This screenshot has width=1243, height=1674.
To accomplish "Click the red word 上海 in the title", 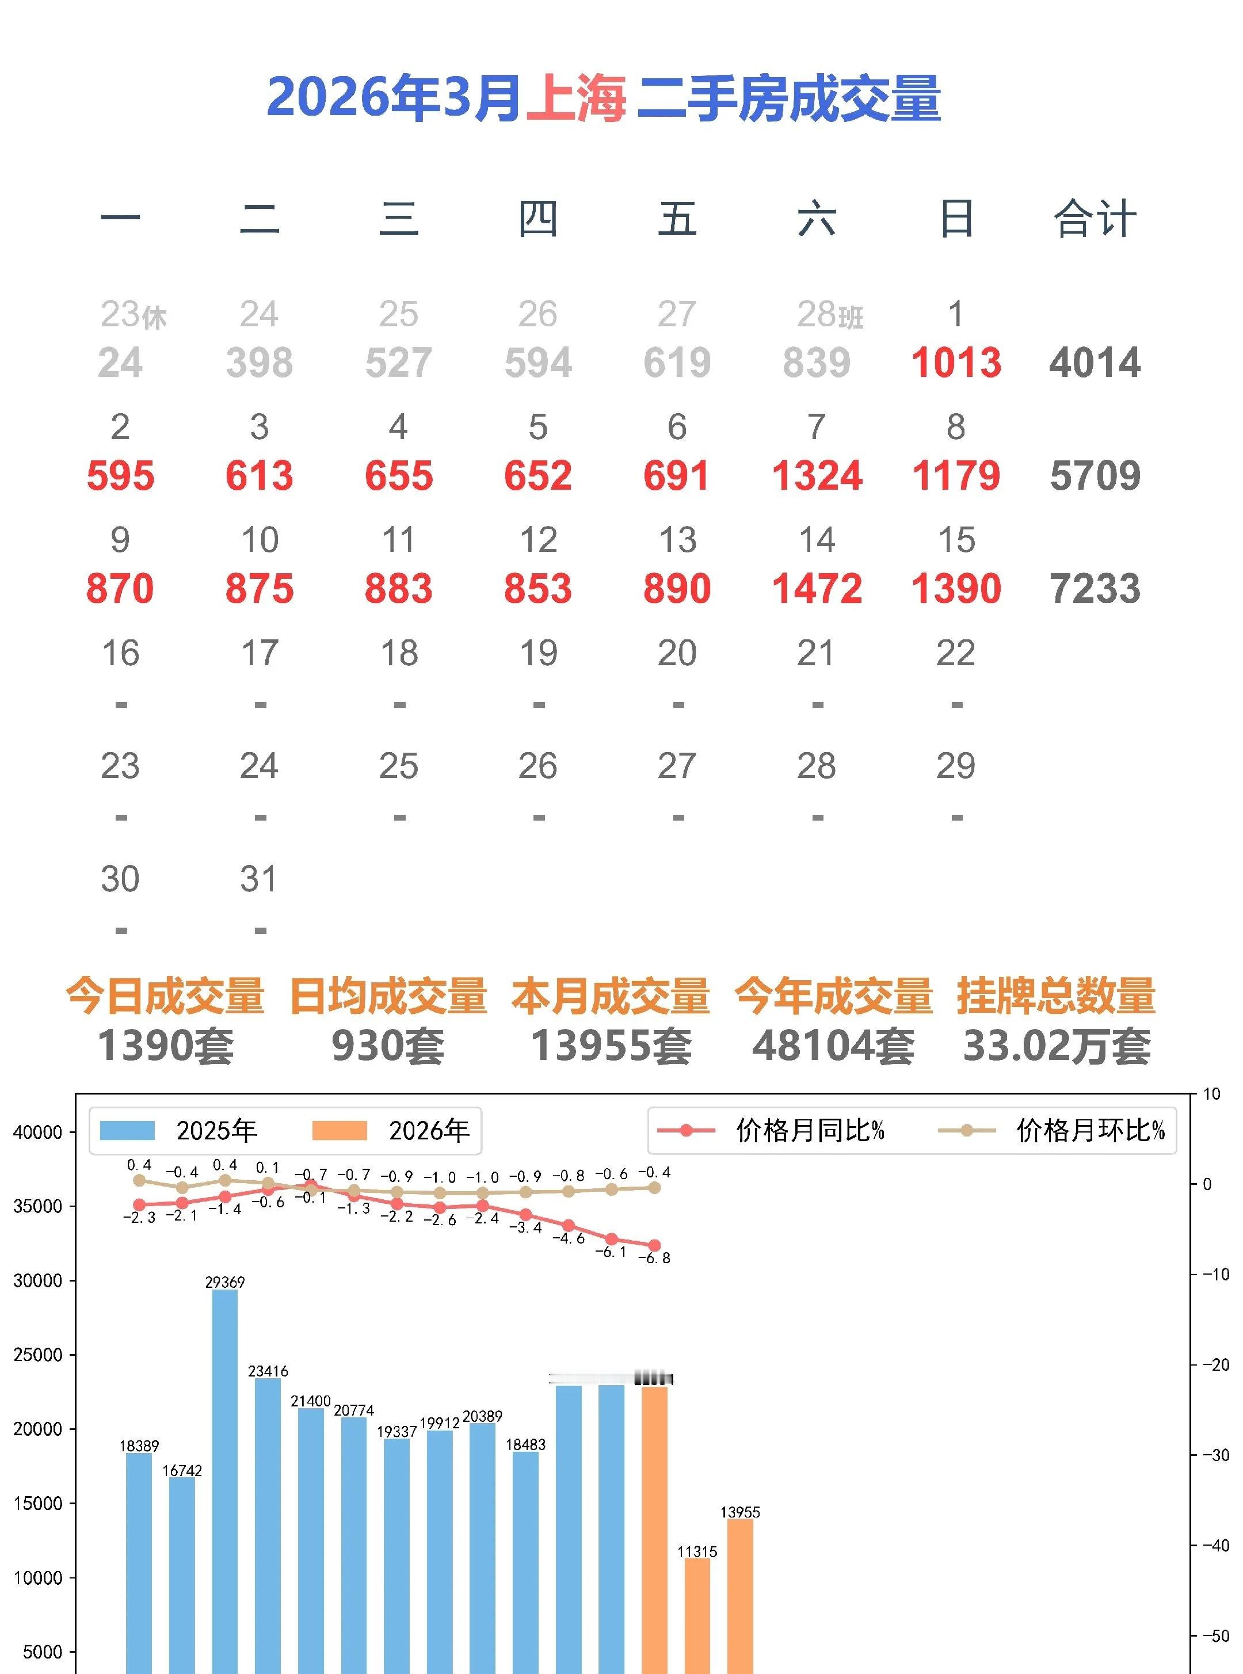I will point(575,98).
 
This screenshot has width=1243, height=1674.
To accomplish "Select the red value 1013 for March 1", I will point(956,363).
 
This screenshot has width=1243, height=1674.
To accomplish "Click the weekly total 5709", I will point(1095,475).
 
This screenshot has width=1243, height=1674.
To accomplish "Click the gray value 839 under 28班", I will point(817,363).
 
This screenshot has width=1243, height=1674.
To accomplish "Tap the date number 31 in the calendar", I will point(259,879).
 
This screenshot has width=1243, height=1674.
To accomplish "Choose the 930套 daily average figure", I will point(388,1046).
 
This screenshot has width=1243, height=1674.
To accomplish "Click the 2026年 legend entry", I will point(391,1131).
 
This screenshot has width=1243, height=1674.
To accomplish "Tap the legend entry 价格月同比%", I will point(771,1131).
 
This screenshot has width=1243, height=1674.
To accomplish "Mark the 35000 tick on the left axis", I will point(37,1207).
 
